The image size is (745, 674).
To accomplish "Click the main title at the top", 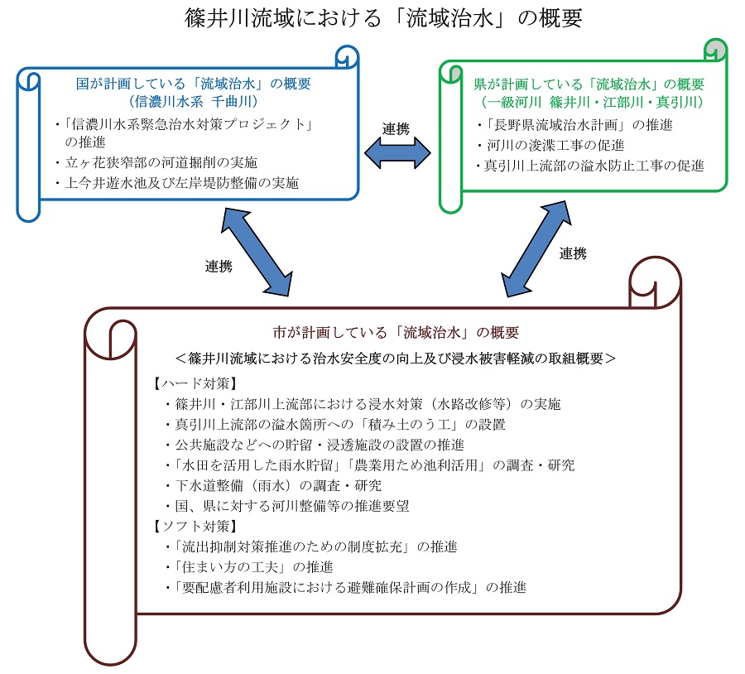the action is (x=383, y=18).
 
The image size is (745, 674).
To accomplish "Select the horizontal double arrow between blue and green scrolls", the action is (x=397, y=153).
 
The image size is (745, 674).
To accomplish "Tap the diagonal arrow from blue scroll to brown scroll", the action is (x=257, y=252).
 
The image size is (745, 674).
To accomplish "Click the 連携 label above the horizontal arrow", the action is (x=396, y=129).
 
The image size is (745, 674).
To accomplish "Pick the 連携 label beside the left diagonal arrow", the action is (x=219, y=266).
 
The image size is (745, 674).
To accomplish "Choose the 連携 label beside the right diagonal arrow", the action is (x=573, y=253).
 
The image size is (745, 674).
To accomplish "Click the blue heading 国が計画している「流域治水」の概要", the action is (x=194, y=84).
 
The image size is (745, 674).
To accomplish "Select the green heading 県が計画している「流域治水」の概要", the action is (x=589, y=84).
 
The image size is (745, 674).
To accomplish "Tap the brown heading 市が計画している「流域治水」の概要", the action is (x=396, y=332).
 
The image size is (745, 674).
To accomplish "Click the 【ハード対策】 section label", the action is (x=195, y=383).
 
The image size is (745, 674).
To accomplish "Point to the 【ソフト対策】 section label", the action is (x=195, y=526).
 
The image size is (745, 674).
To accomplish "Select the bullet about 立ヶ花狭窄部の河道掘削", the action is (x=156, y=162).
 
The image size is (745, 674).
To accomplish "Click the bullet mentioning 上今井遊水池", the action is (x=177, y=183).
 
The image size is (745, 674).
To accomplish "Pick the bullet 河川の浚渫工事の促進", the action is (x=550, y=145).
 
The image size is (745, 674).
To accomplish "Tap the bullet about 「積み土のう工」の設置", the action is (x=335, y=425).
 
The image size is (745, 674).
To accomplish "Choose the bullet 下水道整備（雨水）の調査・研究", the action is (x=273, y=485).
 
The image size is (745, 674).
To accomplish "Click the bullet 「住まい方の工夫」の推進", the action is (x=249, y=567).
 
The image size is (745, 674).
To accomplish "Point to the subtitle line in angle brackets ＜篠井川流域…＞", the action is (x=396, y=358).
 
